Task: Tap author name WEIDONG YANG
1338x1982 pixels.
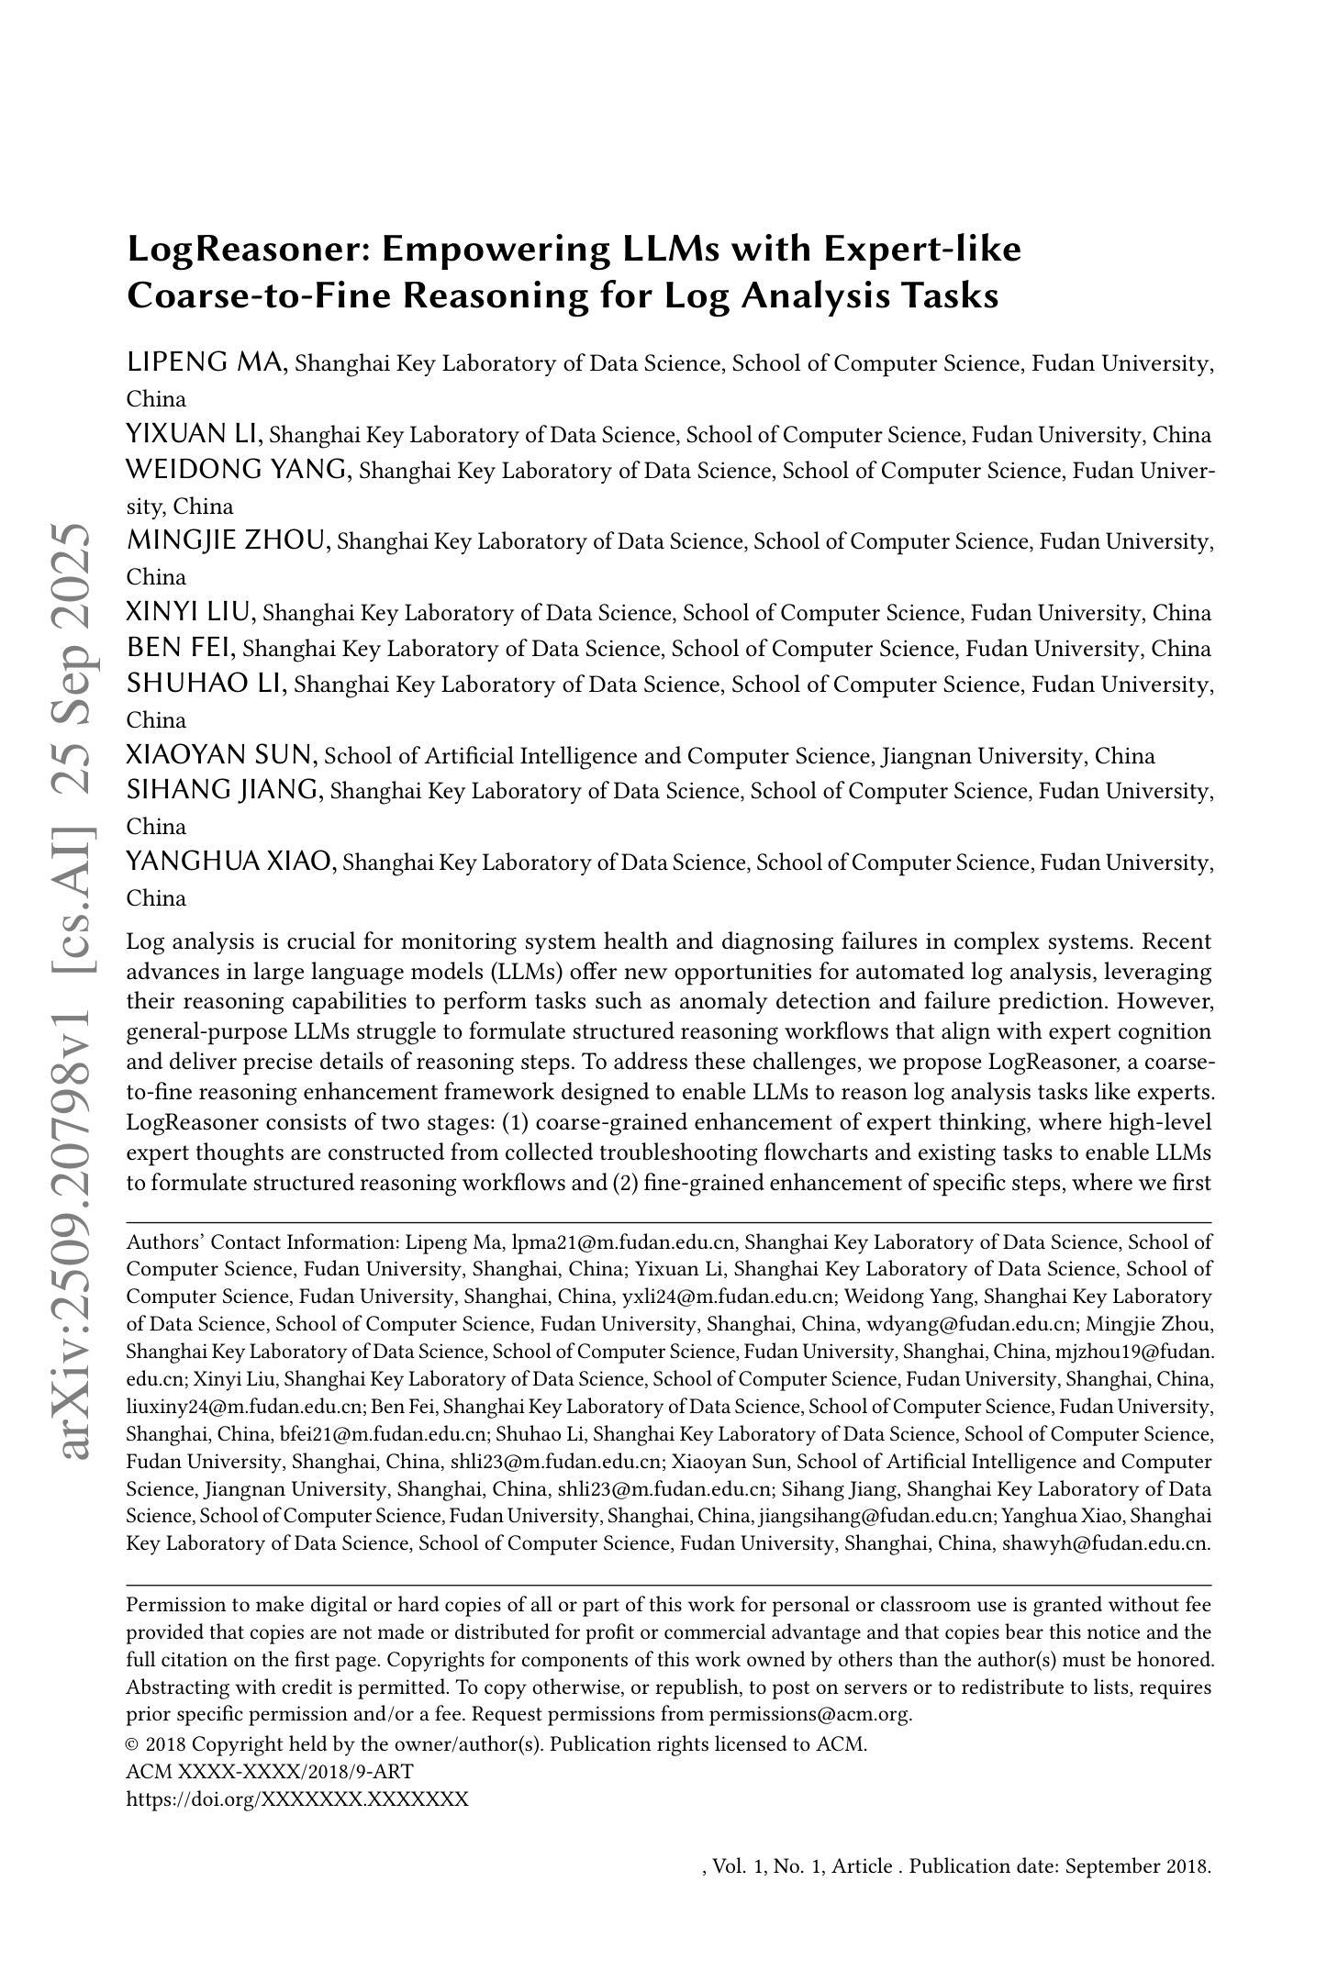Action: pos(239,470)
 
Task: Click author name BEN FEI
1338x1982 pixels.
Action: pos(181,648)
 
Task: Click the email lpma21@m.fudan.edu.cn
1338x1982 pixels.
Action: pos(624,1242)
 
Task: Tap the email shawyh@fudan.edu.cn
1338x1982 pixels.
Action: pos(1107,1542)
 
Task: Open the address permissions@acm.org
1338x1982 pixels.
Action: pos(810,1714)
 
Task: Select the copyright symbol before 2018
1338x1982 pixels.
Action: pos(133,1744)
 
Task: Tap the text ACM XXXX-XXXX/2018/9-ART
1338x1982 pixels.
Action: pos(270,1771)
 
